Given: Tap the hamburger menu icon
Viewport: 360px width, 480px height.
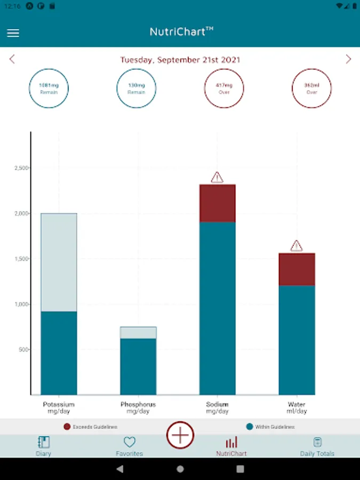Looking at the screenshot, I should pyautogui.click(x=13, y=33).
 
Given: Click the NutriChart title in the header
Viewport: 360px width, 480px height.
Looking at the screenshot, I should pyautogui.click(x=181, y=32).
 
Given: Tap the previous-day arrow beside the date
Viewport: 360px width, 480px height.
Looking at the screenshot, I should pyautogui.click(x=12, y=59).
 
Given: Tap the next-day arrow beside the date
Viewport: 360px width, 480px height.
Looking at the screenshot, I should pyautogui.click(x=348, y=59).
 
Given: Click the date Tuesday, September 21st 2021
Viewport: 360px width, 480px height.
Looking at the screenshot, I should pyautogui.click(x=180, y=60).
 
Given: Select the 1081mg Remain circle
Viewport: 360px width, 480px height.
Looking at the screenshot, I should pyautogui.click(x=49, y=88).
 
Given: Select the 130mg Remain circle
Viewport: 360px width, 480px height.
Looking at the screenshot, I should pyautogui.click(x=137, y=88).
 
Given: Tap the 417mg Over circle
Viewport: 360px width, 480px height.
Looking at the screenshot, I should pyautogui.click(x=224, y=88).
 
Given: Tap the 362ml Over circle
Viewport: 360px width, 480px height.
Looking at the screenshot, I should pyautogui.click(x=311, y=88).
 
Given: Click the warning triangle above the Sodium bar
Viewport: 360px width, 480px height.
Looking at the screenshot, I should pyautogui.click(x=217, y=178).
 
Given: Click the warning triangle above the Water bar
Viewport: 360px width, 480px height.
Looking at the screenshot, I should pyautogui.click(x=297, y=246).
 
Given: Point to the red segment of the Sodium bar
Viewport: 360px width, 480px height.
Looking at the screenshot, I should pyautogui.click(x=218, y=203).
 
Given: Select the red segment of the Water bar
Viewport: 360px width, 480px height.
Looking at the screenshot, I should pyautogui.click(x=297, y=269).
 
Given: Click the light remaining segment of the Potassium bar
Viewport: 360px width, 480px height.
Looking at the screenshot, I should pyautogui.click(x=59, y=262).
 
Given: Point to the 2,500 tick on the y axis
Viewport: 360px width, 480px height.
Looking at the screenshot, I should pyautogui.click(x=21, y=168).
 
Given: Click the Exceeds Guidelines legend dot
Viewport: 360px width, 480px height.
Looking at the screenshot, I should pyautogui.click(x=67, y=427).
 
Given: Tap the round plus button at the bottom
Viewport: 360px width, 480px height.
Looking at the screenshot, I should pyautogui.click(x=180, y=435).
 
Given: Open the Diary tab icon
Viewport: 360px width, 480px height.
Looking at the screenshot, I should pyautogui.click(x=44, y=442).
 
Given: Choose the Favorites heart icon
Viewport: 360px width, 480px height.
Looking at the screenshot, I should pyautogui.click(x=130, y=442).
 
